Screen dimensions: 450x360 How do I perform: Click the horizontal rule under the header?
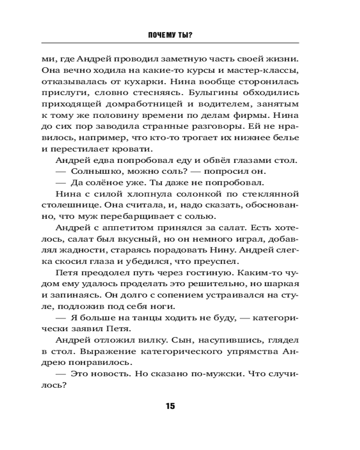(170, 43)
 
